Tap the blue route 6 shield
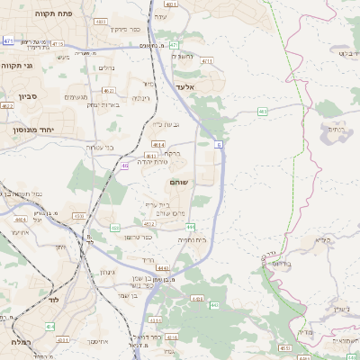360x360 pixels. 218,143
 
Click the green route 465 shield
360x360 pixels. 262,111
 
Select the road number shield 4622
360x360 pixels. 7,105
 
